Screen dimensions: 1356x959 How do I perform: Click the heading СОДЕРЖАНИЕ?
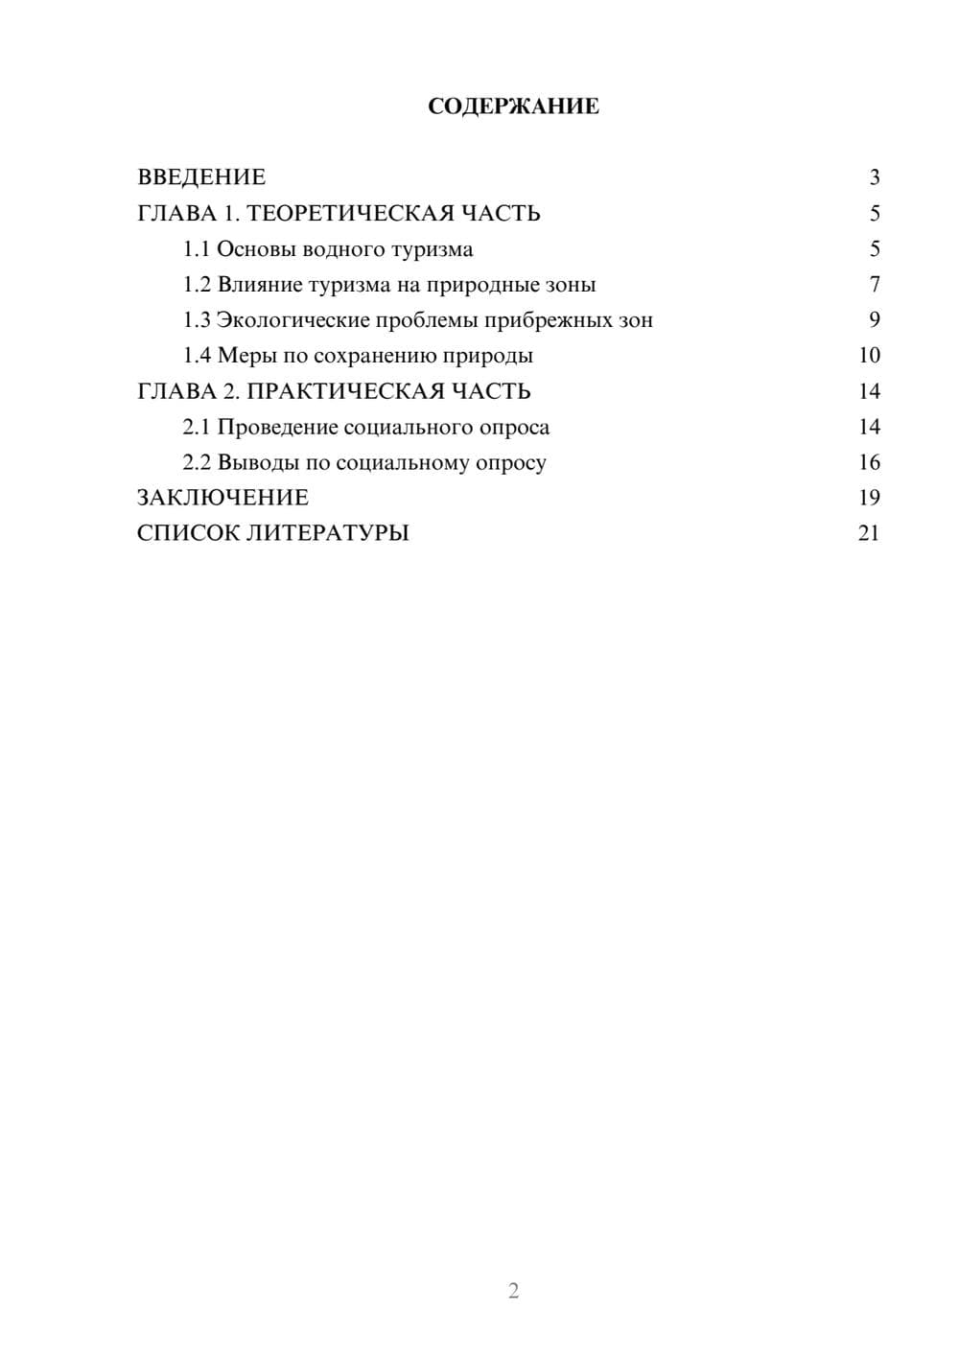(x=513, y=106)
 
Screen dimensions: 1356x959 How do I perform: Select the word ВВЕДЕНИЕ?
(x=201, y=177)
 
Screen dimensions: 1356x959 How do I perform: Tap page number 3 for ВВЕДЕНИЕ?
(x=874, y=177)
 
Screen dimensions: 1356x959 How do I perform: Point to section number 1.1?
(x=197, y=249)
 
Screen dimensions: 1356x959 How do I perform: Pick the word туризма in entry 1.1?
(x=433, y=249)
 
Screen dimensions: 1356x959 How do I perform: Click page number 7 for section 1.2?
(x=874, y=285)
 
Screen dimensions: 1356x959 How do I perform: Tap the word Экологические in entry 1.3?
(x=292, y=320)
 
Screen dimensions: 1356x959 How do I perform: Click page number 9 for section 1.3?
(x=874, y=320)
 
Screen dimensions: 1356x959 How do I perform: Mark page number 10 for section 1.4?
(x=869, y=356)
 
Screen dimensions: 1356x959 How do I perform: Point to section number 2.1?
(x=197, y=427)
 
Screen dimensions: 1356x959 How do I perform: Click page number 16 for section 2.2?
(x=869, y=462)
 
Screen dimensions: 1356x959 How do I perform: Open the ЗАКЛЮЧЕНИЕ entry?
(x=222, y=498)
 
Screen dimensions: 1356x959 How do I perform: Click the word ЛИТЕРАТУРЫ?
(x=328, y=533)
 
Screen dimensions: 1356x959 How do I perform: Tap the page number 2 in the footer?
(x=513, y=1291)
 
